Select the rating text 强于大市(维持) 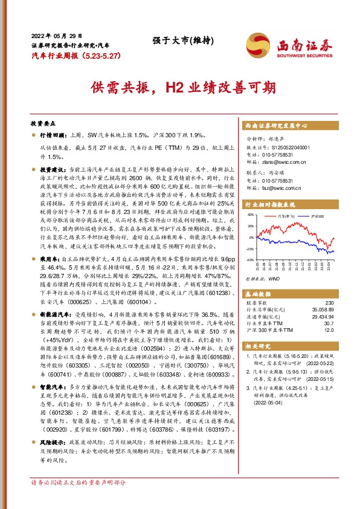179,41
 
